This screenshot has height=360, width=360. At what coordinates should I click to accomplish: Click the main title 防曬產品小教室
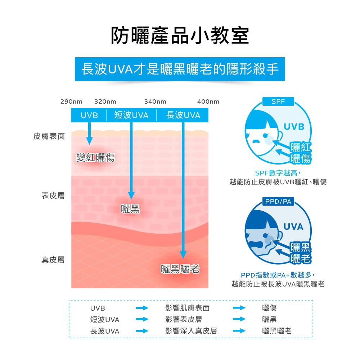[x=180, y=36]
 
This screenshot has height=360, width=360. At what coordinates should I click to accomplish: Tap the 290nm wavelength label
[x=71, y=102]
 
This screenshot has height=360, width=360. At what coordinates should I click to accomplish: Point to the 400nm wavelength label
[x=208, y=102]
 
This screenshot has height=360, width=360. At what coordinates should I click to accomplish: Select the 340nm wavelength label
[x=155, y=102]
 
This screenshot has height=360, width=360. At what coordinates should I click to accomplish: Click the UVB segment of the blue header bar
[x=89, y=115]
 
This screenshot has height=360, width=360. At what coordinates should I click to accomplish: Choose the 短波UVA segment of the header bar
[x=131, y=115]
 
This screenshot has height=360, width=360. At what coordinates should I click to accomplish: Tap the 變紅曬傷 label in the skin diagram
[x=95, y=158]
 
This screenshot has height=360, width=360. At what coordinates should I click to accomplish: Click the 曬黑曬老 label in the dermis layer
[x=180, y=269]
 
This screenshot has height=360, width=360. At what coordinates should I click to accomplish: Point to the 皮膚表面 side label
[x=49, y=136]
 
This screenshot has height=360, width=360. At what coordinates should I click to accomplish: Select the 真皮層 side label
[x=53, y=260]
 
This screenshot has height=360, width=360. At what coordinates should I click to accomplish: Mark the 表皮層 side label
[x=53, y=195]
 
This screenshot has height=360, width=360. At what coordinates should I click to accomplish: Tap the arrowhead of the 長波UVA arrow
[x=183, y=255]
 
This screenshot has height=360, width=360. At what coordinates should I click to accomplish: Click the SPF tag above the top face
[x=278, y=102]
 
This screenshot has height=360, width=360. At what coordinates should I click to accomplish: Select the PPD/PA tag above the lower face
[x=278, y=202]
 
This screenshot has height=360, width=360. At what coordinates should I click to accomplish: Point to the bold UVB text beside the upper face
[x=294, y=127]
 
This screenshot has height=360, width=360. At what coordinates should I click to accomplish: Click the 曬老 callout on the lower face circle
[x=301, y=258]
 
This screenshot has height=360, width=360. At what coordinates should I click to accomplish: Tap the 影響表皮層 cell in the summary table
[x=184, y=319]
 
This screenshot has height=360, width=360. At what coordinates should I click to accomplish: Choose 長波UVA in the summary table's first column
[x=105, y=331]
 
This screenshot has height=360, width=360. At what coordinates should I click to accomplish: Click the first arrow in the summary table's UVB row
[x=142, y=308]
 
